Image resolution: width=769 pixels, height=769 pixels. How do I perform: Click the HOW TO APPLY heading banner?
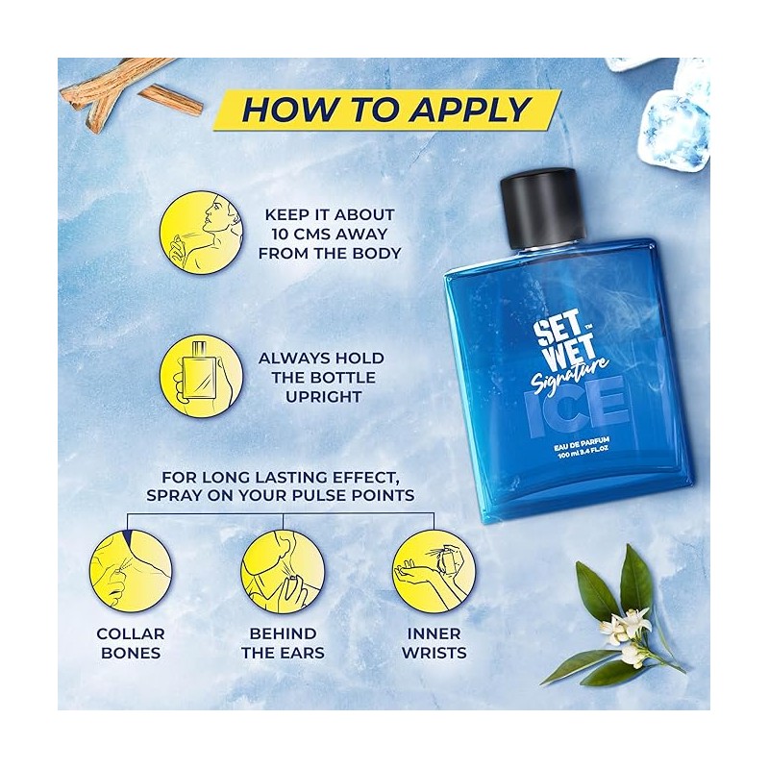point(387,110)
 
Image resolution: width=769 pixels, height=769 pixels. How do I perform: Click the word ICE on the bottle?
point(578,408)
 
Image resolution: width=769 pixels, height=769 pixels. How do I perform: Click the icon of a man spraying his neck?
point(201,233)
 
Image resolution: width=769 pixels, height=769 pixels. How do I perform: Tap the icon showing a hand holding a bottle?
point(201,377)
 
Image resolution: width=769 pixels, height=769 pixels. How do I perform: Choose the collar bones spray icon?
point(131,570)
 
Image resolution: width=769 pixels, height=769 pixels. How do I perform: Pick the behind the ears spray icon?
point(282,570)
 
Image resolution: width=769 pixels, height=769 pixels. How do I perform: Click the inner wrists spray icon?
point(434,570)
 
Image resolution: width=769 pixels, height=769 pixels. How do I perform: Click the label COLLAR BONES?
point(131,643)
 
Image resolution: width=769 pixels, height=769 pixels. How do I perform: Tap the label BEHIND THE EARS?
point(283,643)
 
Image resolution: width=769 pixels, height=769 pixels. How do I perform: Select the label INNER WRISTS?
point(434,643)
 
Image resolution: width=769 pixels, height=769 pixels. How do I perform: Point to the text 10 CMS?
point(305,234)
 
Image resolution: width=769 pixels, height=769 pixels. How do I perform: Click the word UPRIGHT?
point(323,397)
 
